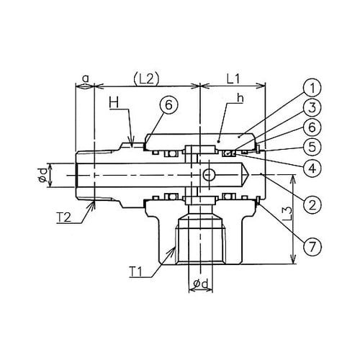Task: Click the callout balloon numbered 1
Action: [312, 88]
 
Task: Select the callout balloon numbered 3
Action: [312, 108]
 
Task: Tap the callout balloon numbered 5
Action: [312, 147]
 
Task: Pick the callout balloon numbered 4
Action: [312, 168]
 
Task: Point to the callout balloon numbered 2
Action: [312, 204]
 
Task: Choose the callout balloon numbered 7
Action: [312, 246]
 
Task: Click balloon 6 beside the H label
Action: [169, 105]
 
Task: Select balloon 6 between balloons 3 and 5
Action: [312, 127]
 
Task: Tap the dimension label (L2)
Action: [146, 78]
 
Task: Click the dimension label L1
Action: [233, 78]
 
